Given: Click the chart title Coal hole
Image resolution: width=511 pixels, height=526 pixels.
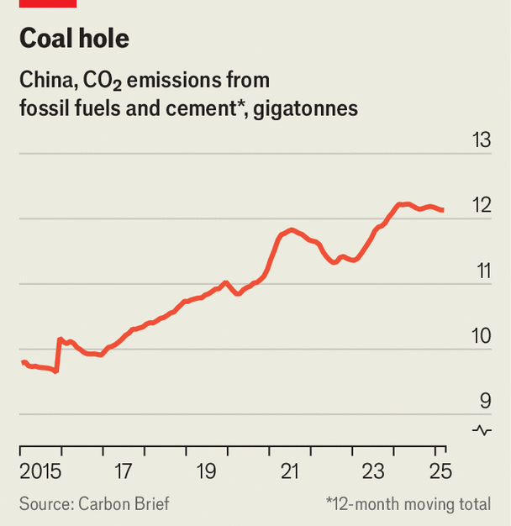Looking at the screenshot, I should pos(74,39).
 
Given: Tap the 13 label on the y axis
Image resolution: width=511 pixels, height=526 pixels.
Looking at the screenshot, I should pos(481,140).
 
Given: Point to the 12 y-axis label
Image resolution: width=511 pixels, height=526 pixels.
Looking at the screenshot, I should pos(481,206).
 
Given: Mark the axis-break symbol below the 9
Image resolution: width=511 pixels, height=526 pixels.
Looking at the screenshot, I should pos(482,430).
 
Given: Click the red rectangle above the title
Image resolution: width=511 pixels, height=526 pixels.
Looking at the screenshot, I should pos(48,3).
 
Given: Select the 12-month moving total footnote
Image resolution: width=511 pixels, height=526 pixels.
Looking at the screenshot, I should pos(409,504).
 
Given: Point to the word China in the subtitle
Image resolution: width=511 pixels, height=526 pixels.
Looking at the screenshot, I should pos(48,81).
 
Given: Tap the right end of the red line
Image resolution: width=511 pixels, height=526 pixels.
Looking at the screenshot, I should pos(443,210).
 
